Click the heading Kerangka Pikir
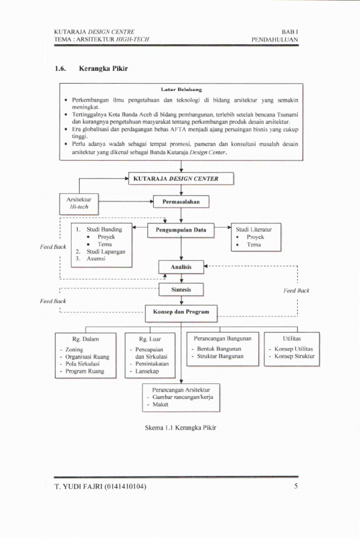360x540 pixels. click(x=103, y=68)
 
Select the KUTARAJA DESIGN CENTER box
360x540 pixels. click(x=181, y=179)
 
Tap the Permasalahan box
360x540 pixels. click(x=181, y=201)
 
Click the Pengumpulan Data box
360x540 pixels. click(x=181, y=230)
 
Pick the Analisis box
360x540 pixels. click(x=181, y=267)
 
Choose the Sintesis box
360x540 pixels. click(x=181, y=290)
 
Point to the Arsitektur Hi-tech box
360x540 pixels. click(x=79, y=204)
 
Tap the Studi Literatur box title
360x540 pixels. click(x=254, y=230)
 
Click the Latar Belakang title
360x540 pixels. click(x=181, y=90)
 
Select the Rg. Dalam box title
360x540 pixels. click(x=86, y=339)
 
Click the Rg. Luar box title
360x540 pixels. click(x=150, y=339)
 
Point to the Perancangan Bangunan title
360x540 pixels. click(x=223, y=338)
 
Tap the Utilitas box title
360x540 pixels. click(x=292, y=338)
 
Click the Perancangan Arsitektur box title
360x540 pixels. click(x=181, y=389)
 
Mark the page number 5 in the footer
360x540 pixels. click(x=296, y=486)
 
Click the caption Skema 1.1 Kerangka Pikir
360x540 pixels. click(x=181, y=428)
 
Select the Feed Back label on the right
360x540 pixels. click(x=296, y=290)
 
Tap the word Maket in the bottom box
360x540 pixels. click(x=161, y=404)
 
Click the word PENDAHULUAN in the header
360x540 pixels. click(x=274, y=39)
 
